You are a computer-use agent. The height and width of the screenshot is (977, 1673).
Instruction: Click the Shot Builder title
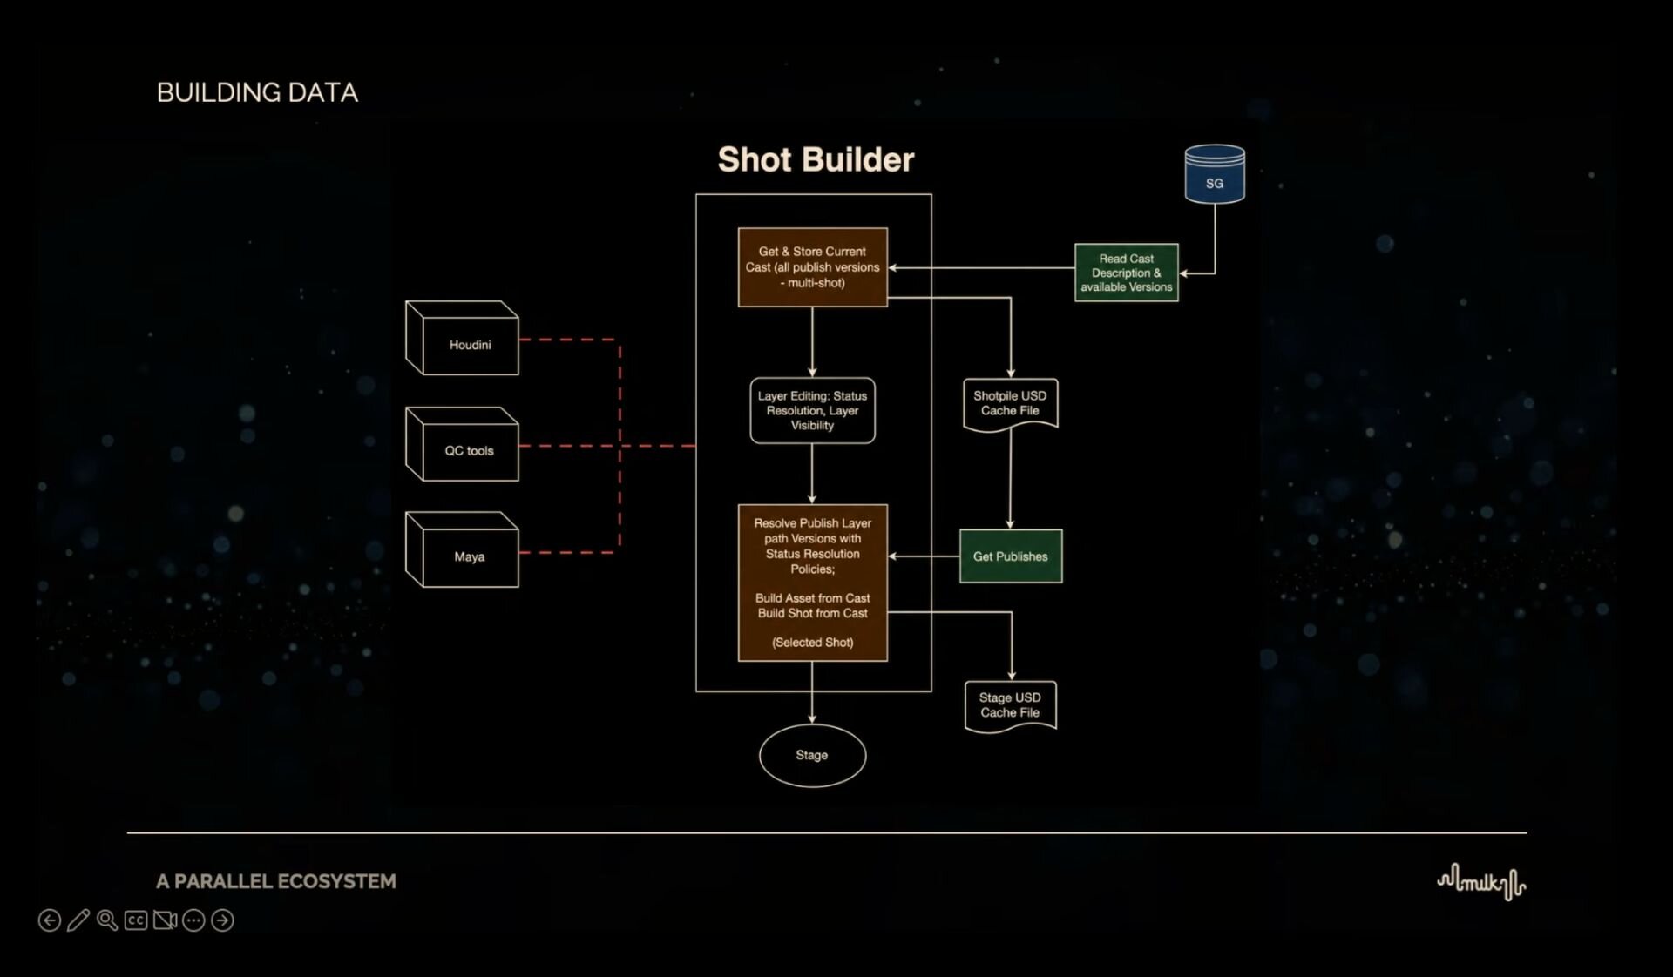pos(816,159)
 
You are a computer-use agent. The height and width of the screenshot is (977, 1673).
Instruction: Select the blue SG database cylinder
pos(1215,174)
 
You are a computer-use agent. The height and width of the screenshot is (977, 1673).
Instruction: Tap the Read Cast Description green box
pos(1127,273)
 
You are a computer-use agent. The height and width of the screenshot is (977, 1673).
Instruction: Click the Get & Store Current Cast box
pos(813,267)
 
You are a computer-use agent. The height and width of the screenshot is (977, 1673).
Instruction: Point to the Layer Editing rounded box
pos(813,410)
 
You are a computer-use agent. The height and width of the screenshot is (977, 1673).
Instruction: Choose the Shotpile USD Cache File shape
pos(1011,405)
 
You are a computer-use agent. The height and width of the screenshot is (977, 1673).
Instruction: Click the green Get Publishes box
pos(1011,556)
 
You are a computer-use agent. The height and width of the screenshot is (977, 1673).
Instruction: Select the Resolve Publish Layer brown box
pos(813,583)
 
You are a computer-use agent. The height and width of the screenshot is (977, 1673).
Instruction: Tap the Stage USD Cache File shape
pos(1011,706)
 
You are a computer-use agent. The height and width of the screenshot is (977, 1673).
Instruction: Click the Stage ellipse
pos(812,756)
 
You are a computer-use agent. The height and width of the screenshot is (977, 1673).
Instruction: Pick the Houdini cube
pos(462,338)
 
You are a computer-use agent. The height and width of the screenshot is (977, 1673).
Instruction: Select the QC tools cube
pos(462,444)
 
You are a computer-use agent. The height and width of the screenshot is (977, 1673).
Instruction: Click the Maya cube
pos(462,549)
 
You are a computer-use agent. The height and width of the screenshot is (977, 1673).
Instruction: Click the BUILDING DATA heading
pos(257,92)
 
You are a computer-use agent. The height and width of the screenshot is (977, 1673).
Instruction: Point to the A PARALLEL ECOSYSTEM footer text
pos(276,881)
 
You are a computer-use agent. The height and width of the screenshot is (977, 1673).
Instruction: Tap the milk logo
pos(1481,882)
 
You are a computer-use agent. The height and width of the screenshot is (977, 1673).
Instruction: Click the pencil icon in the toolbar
pos(78,920)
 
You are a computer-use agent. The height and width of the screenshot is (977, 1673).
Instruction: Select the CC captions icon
pos(136,920)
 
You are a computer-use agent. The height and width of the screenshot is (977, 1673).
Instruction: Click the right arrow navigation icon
pos(222,920)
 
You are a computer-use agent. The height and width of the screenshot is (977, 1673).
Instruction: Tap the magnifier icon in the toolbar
pos(107,920)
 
